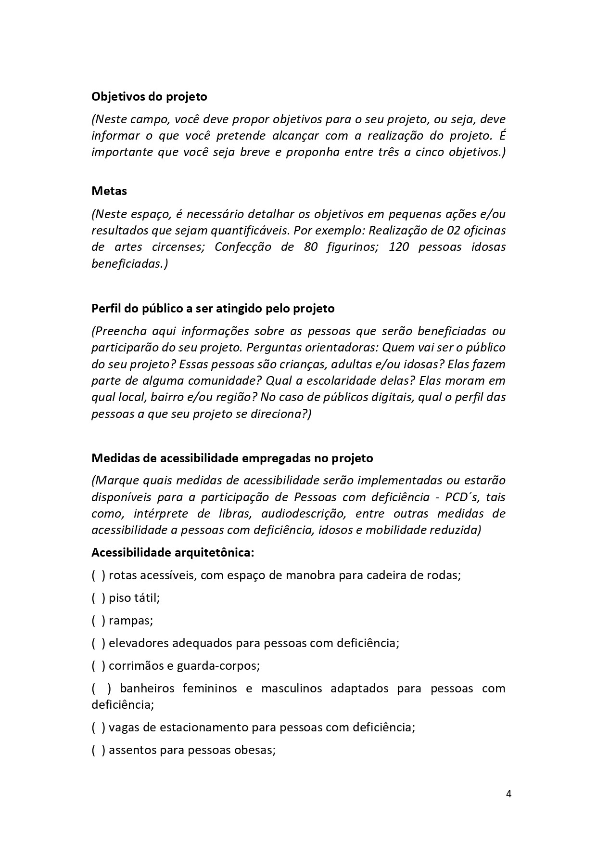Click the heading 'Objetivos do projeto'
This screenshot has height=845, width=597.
pos(149,97)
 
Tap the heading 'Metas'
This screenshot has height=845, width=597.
pos(109,191)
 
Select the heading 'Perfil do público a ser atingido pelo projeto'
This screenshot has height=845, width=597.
pos(213,308)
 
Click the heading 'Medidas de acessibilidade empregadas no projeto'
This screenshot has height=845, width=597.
pos(232,458)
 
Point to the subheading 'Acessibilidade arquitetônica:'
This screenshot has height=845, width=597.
pos(173,552)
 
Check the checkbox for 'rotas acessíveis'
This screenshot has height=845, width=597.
pos(98,575)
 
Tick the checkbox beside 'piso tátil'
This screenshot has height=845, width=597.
pos(98,598)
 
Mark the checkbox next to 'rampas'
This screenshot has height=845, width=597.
pos(98,621)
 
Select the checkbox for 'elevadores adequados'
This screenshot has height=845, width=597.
pos(98,643)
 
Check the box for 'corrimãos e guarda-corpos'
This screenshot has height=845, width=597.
pos(98,666)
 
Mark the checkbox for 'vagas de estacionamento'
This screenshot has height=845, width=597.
pos(98,727)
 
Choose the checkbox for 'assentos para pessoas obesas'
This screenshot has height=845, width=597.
pos(98,750)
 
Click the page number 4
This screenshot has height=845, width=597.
pos(508,794)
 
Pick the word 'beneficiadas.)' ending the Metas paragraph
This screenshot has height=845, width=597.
pos(129,264)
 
